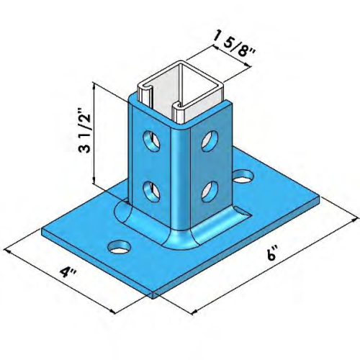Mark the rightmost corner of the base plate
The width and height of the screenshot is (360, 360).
(318, 193)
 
